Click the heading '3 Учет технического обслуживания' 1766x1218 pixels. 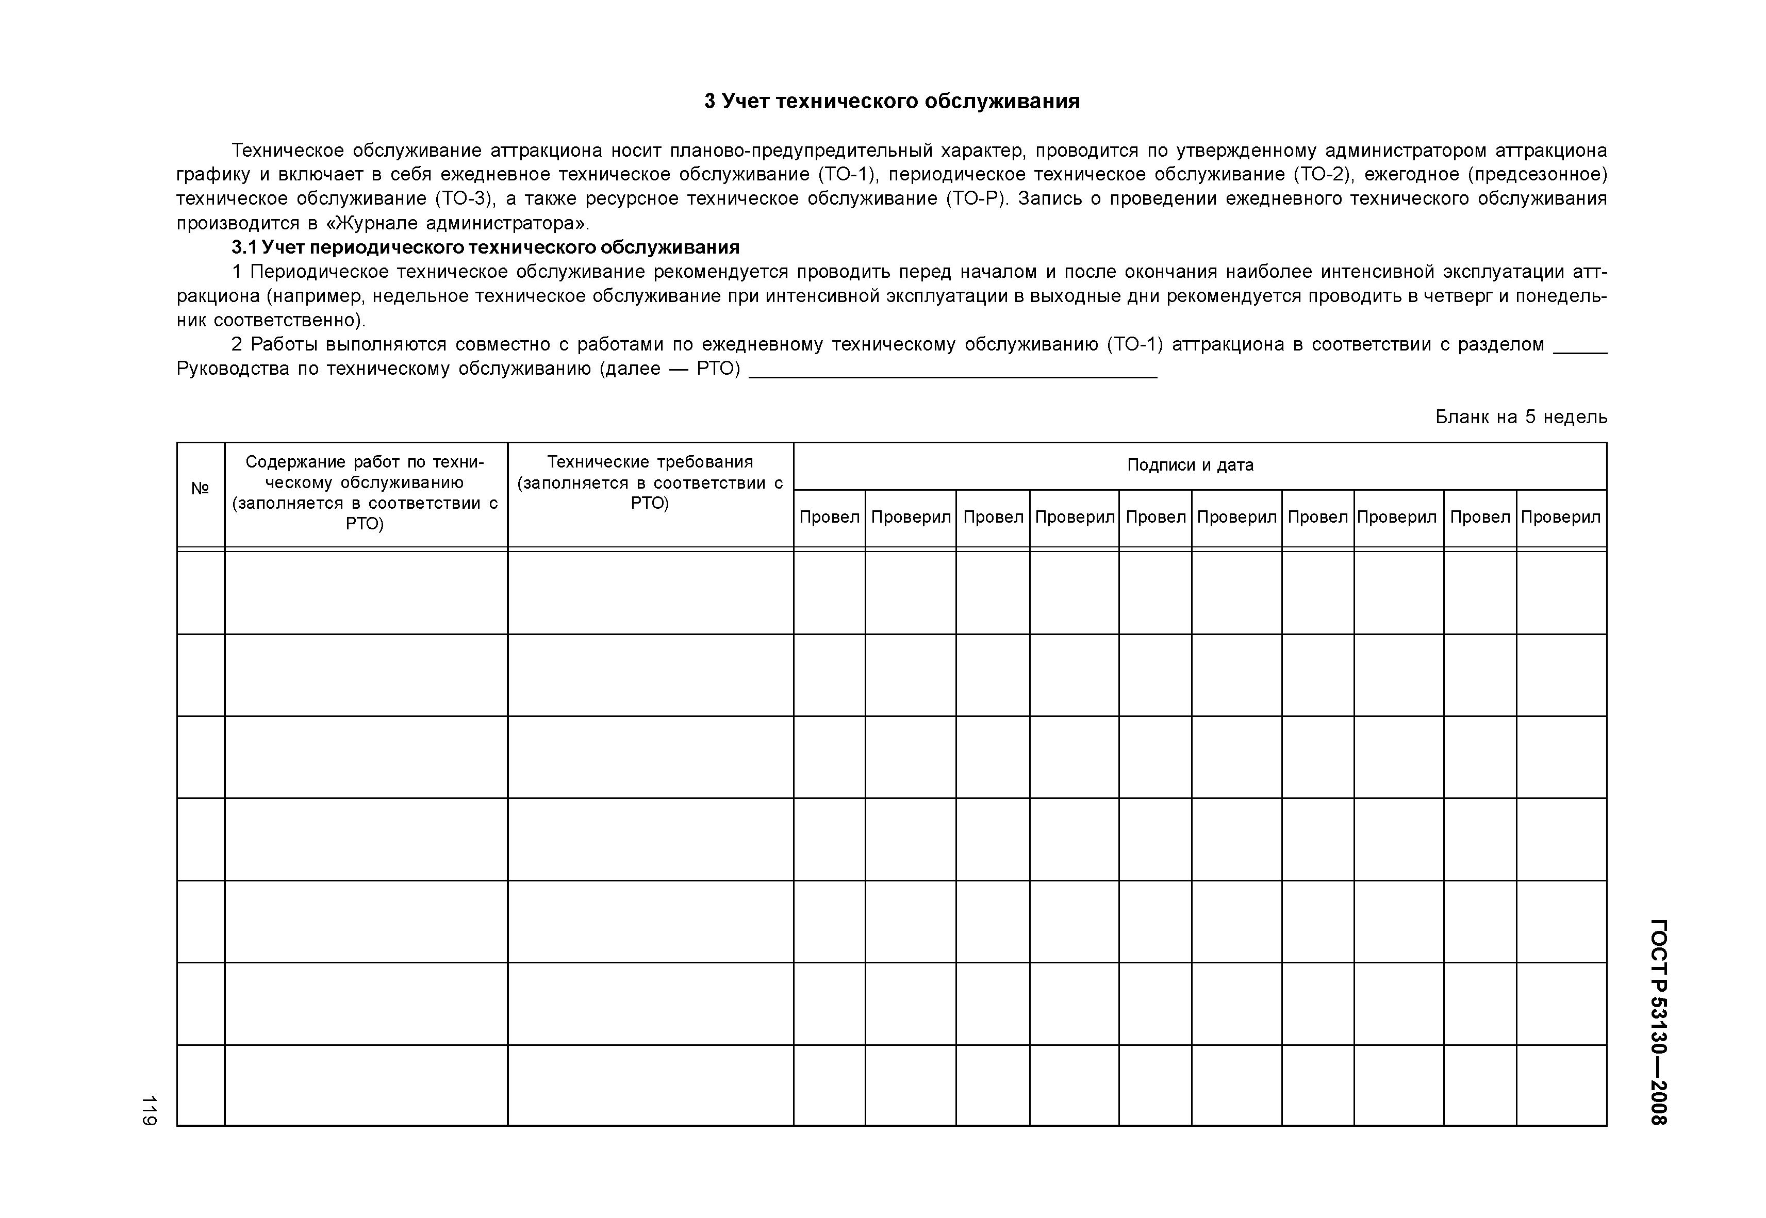click(892, 102)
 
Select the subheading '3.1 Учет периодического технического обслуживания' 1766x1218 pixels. click(485, 247)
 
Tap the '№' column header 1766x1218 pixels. click(200, 489)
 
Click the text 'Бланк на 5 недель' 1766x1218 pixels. click(1520, 416)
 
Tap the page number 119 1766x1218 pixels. click(149, 1110)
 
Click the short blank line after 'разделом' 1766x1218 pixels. click(1580, 351)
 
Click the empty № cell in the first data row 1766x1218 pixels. click(200, 592)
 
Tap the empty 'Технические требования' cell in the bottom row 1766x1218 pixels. click(650, 1084)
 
